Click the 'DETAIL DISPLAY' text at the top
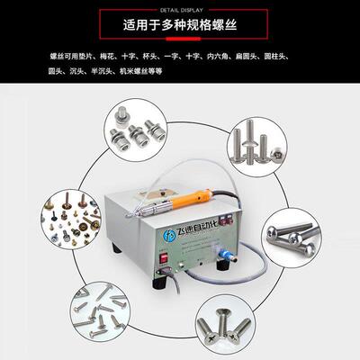point(180,5)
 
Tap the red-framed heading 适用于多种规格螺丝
point(180,25)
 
